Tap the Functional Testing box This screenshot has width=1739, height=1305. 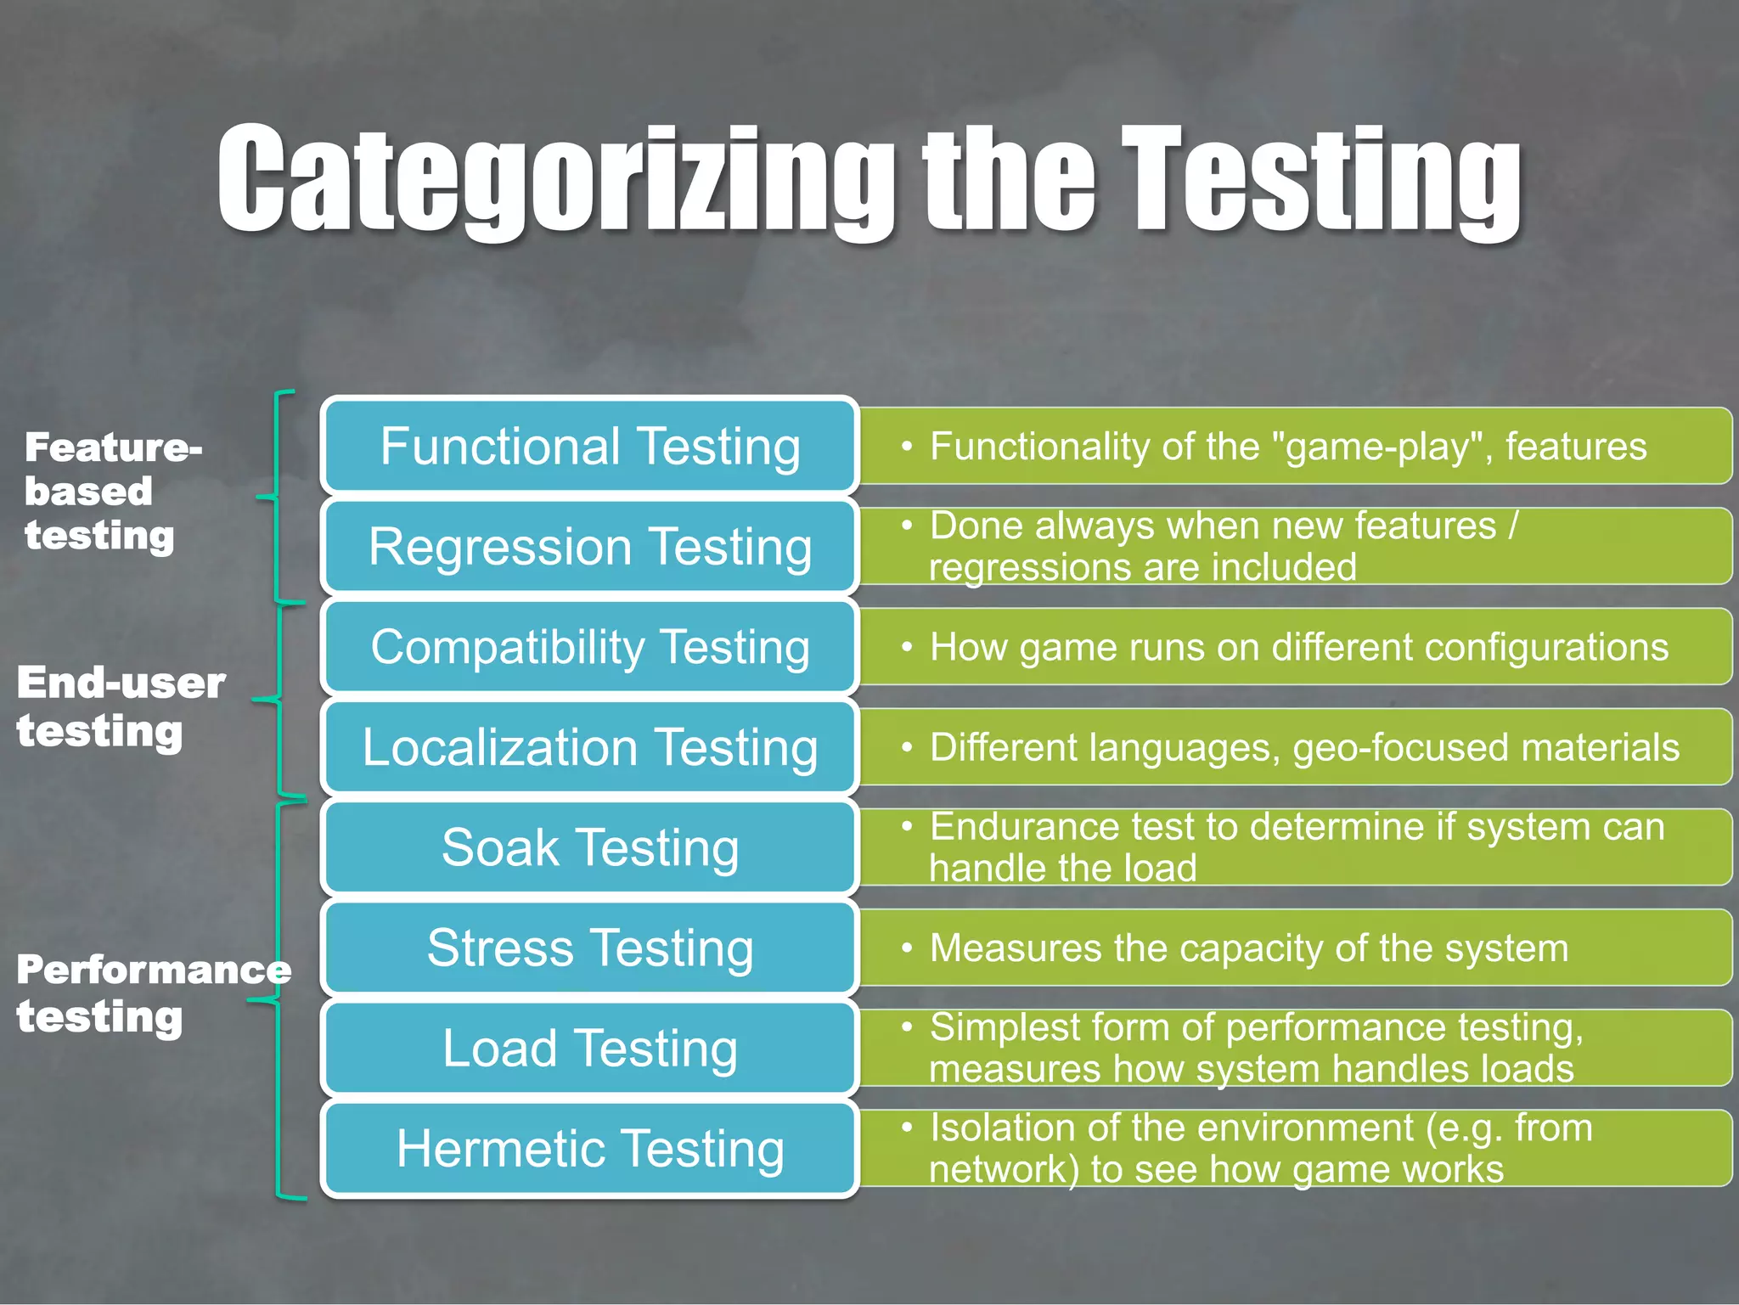click(590, 446)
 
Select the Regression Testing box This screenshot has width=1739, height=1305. click(590, 546)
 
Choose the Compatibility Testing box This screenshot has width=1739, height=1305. click(590, 647)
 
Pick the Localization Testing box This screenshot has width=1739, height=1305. click(590, 747)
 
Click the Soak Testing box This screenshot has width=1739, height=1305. click(590, 847)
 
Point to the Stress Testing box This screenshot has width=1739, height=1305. click(590, 948)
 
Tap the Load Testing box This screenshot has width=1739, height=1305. click(590, 1048)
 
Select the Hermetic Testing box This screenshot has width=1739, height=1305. click(590, 1148)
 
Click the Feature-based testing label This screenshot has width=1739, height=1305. click(110, 491)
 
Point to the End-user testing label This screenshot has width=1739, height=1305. click(119, 706)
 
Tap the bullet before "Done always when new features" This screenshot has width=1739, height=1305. click(907, 526)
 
